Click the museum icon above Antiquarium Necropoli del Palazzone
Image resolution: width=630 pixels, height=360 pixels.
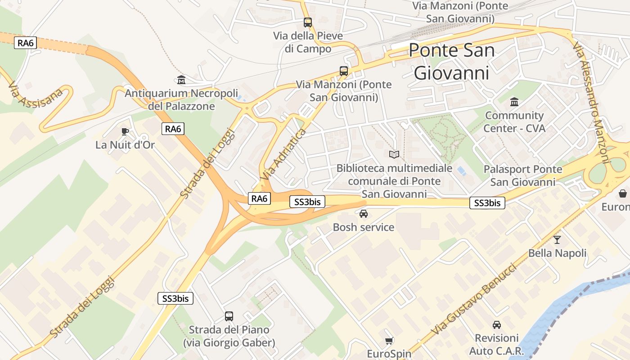pos(181,80)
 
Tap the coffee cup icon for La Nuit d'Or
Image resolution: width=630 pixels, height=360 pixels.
pos(125,131)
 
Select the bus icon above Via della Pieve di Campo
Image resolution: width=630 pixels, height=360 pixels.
pos(308,22)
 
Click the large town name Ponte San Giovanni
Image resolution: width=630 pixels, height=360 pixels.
pos(451,61)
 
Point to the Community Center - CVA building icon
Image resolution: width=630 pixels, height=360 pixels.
pos(514,102)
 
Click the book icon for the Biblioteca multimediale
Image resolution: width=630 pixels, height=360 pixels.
pos(394,155)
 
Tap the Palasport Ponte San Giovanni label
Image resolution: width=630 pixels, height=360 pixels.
pos(523,175)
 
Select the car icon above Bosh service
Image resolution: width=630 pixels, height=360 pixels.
pos(364,214)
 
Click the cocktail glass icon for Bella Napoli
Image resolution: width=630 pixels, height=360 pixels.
pos(557,240)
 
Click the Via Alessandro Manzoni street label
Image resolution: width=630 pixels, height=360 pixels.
pos(591,103)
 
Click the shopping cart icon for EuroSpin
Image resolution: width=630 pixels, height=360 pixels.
pos(389,341)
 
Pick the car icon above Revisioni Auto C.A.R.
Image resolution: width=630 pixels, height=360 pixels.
pos(497,324)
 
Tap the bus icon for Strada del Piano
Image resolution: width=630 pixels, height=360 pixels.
pos(229,316)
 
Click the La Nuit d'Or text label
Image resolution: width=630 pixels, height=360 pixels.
pos(125,145)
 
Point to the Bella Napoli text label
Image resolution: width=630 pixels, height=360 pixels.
pos(557,253)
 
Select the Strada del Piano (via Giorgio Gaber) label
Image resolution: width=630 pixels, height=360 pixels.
pos(229,336)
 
